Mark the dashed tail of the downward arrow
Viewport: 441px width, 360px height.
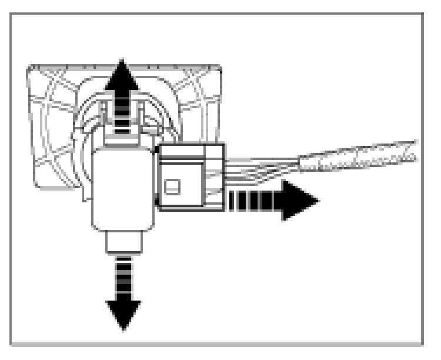123,277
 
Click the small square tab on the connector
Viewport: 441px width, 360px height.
172,188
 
